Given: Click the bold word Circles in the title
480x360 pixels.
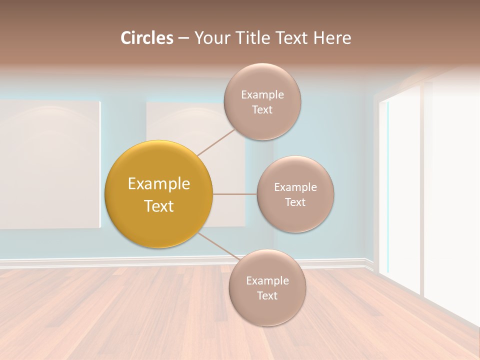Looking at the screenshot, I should point(146,38).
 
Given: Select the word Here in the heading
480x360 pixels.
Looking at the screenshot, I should point(332,38).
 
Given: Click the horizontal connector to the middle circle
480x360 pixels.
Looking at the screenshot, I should point(235,194).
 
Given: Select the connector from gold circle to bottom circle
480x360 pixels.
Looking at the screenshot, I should point(218,247).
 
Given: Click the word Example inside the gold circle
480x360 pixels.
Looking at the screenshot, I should point(159,184).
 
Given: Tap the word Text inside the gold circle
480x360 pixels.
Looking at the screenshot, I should point(159,206).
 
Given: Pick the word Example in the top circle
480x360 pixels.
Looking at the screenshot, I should point(262,95).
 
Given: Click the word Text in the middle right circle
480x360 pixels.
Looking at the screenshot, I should point(295,202).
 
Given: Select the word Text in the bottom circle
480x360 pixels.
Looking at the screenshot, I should point(267,296).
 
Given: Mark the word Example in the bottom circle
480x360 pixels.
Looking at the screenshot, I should point(267,281).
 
